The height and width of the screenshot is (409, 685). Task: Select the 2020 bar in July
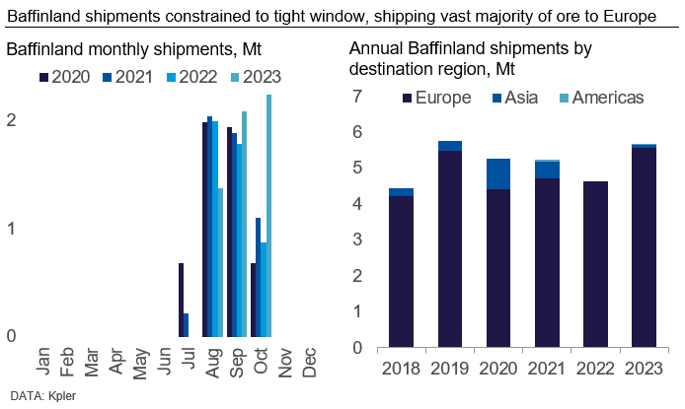tap(182, 300)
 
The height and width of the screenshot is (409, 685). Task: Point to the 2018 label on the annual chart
tap(400, 368)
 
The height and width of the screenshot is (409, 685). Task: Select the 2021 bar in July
tap(188, 325)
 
